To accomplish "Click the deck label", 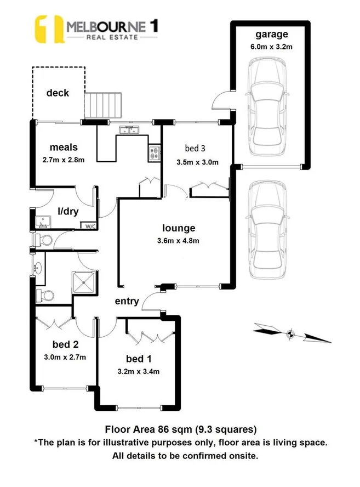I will [58, 93].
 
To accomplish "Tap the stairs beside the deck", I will [102, 105].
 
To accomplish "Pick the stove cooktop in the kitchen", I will [153, 153].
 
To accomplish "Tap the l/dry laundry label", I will [68, 211].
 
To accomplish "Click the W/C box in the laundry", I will [88, 225].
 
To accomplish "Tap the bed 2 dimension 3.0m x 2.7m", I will [65, 357].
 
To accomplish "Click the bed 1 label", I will [139, 359].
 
